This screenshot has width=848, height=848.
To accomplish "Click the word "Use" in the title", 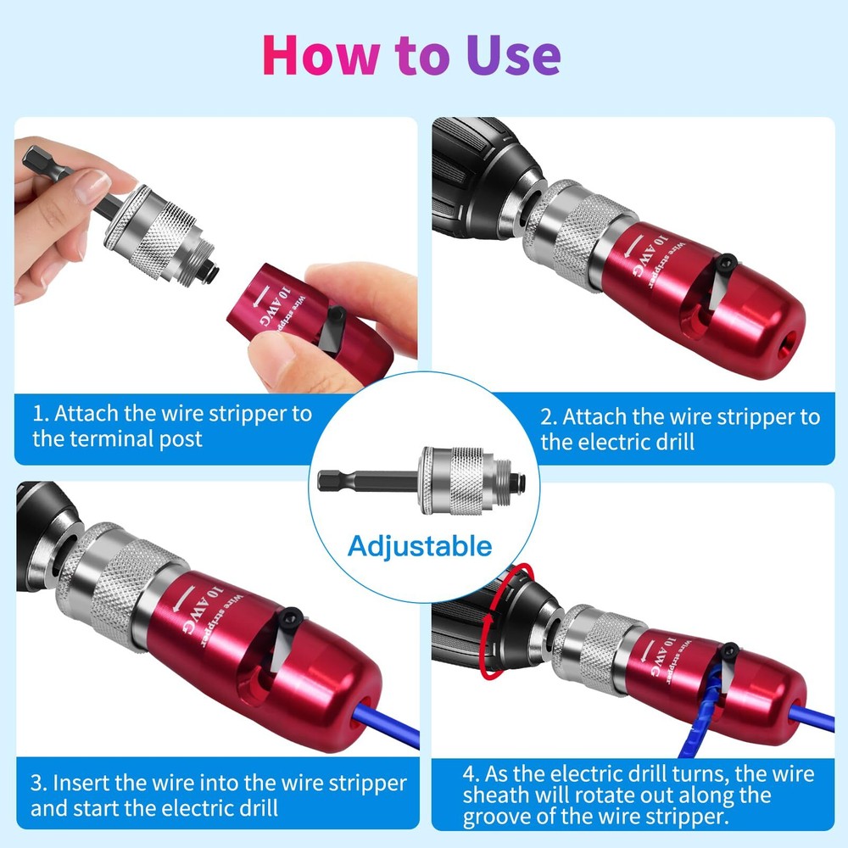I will click(512, 55).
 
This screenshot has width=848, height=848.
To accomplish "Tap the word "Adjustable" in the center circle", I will click(420, 544).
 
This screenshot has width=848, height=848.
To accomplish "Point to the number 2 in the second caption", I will click(547, 417).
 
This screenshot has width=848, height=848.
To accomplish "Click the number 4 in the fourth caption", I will click(469, 773).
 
